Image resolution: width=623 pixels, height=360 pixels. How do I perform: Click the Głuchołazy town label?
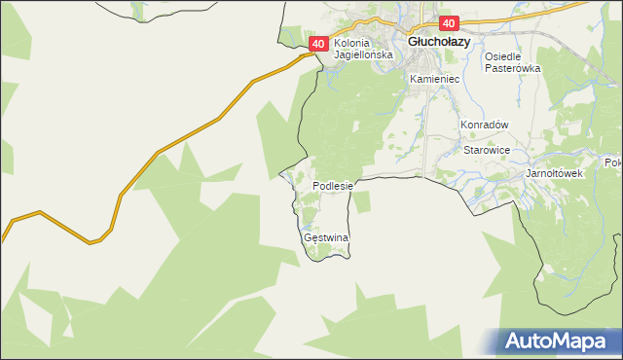click(x=439, y=43)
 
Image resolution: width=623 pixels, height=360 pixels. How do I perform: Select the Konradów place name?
click(x=486, y=126)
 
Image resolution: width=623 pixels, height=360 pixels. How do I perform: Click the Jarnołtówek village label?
click(x=553, y=173)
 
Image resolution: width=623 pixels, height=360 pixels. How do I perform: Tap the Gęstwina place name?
click(x=326, y=237)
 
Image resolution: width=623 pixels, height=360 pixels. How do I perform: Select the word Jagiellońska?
click(x=363, y=55)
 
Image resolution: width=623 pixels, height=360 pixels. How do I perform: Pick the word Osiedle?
click(x=506, y=56)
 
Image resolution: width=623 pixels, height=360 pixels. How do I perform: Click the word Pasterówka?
click(x=512, y=69)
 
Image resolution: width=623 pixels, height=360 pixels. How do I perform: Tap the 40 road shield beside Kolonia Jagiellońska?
click(x=318, y=45)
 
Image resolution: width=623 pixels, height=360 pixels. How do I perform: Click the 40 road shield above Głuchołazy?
click(x=448, y=23)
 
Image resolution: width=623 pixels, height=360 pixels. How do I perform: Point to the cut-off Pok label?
click(x=613, y=162)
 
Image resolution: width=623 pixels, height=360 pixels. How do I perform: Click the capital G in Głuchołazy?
click(x=413, y=43)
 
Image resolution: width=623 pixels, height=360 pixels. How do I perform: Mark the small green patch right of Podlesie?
click(x=362, y=201)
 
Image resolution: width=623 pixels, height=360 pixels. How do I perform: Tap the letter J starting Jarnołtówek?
click(x=528, y=173)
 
